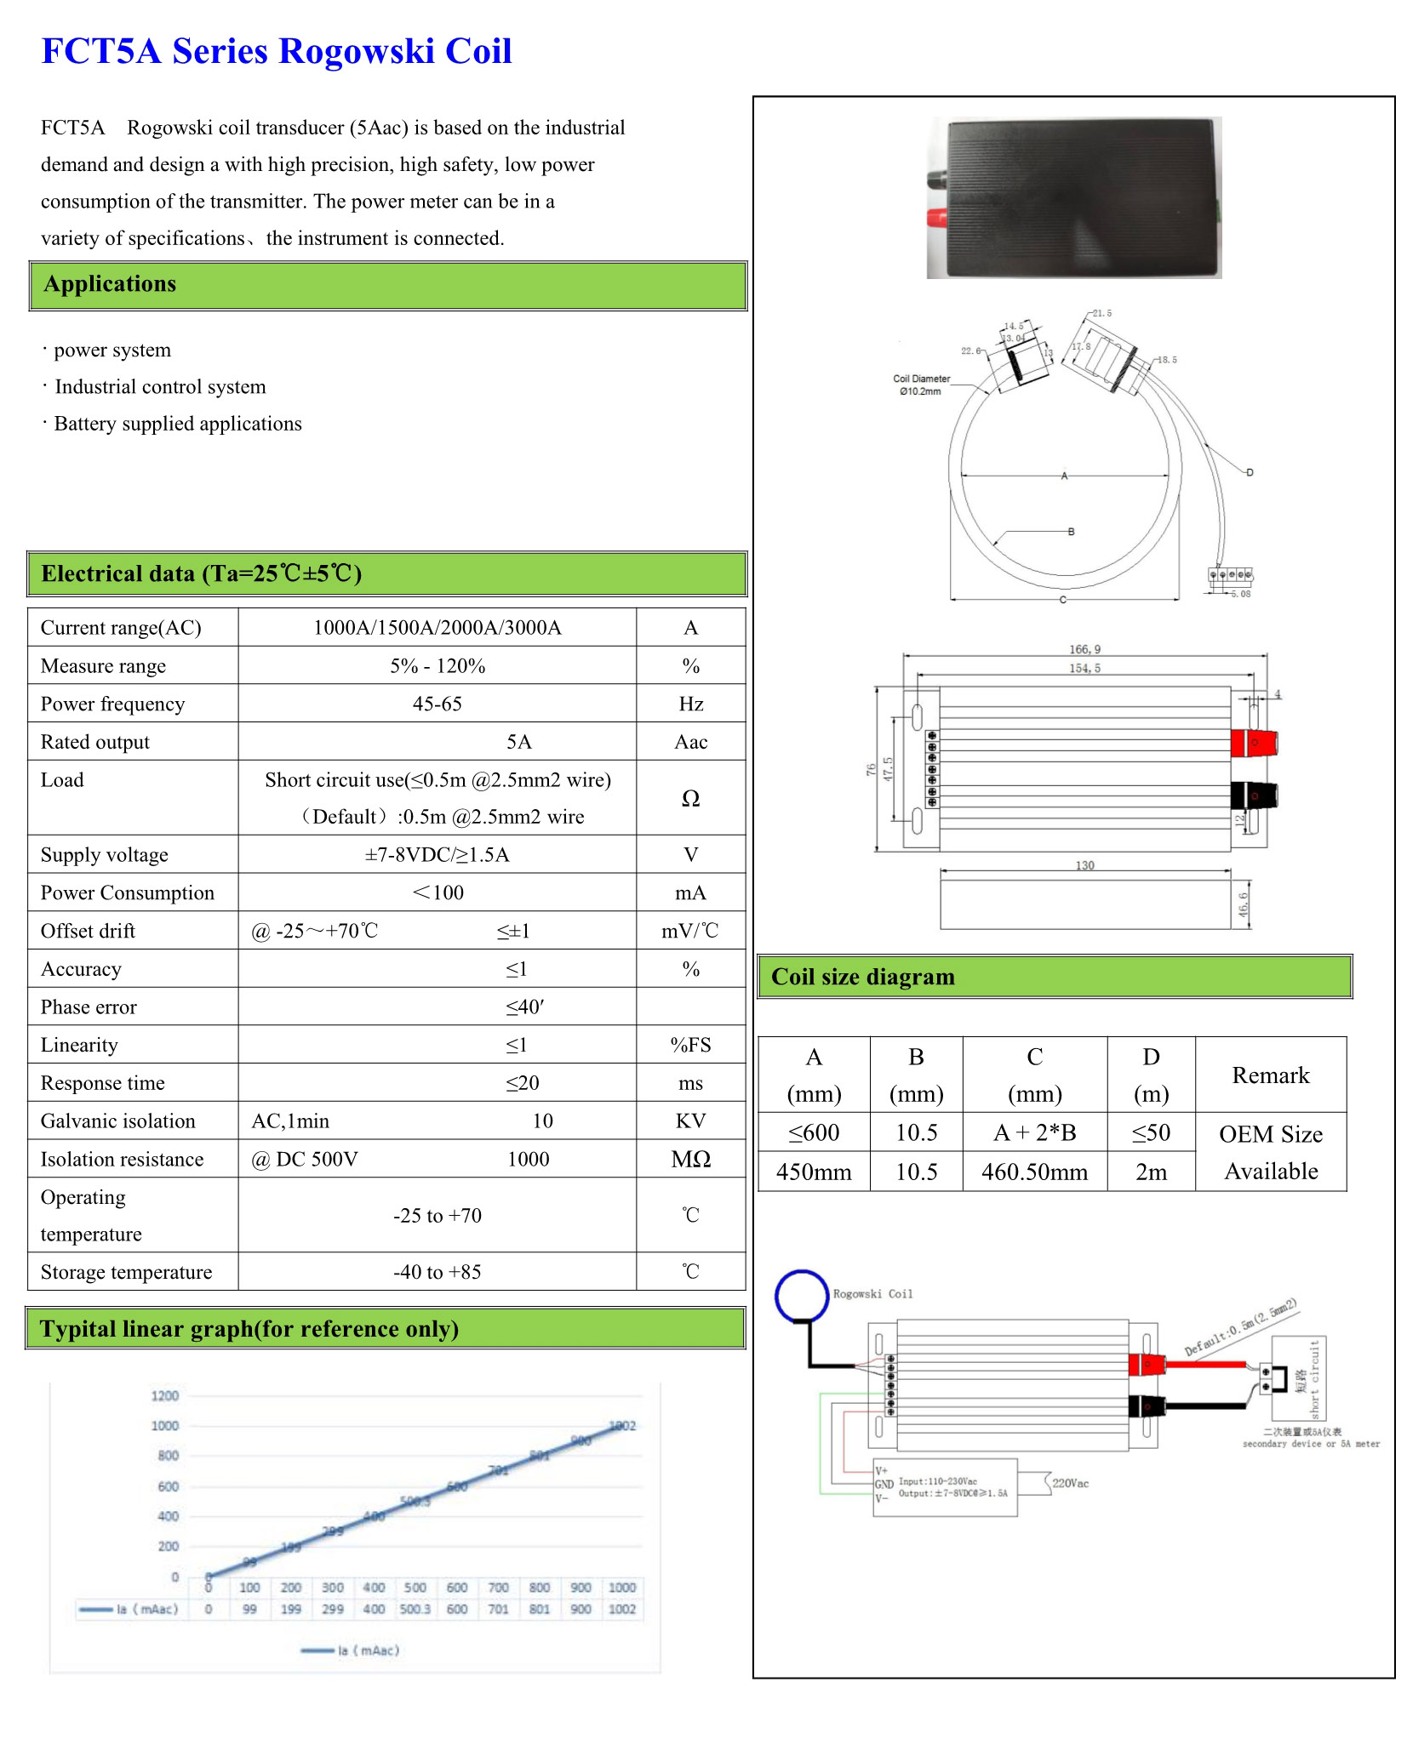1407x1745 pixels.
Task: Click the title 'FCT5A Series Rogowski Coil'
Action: point(277,51)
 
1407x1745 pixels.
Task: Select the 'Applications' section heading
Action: point(110,284)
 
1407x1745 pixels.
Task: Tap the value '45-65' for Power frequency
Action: point(437,704)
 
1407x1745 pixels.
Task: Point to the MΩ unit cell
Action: point(690,1159)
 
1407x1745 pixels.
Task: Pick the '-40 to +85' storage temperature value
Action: point(437,1272)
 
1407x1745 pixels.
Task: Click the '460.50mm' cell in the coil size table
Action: point(1033,1172)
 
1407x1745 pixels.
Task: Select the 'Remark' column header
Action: point(1270,1075)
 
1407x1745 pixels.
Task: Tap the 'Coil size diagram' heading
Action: point(862,977)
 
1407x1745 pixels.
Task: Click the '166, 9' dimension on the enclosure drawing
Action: point(1084,649)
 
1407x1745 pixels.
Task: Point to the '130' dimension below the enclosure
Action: point(1084,865)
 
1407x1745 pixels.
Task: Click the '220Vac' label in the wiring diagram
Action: point(1070,1483)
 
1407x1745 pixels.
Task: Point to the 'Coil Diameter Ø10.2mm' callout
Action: point(921,385)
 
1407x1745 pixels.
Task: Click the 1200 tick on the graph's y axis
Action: point(165,1395)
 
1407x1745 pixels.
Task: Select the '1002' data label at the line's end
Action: point(623,1426)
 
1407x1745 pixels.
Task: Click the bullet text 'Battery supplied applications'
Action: point(177,424)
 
